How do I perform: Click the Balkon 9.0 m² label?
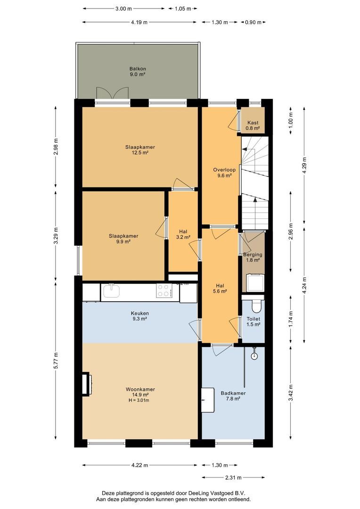pyautogui.click(x=137, y=71)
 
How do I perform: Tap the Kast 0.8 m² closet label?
pyautogui.click(x=253, y=125)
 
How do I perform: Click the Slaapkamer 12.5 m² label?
pyautogui.click(x=140, y=149)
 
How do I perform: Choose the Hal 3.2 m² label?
pyautogui.click(x=183, y=234)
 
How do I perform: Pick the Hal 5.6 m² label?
pyautogui.click(x=220, y=288)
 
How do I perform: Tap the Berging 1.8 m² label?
pyautogui.click(x=253, y=258)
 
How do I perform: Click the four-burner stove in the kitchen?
pyautogui.click(x=164, y=290)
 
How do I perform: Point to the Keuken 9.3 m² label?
pyautogui.click(x=140, y=316)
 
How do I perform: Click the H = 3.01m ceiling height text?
pyautogui.click(x=140, y=401)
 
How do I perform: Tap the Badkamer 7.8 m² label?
pyautogui.click(x=233, y=395)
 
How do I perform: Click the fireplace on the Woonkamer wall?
pyautogui.click(x=86, y=383)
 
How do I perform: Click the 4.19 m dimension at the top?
pyautogui.click(x=139, y=22)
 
